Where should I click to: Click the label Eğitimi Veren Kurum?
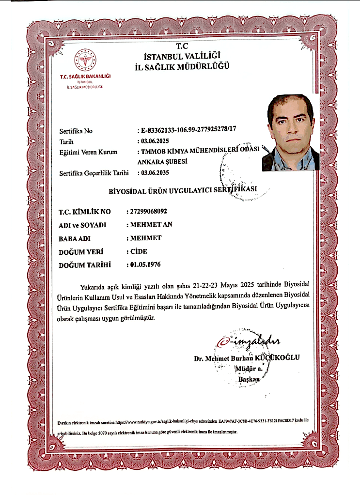point(88,152)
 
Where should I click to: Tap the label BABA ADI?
point(75,239)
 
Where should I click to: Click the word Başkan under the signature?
point(249,379)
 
